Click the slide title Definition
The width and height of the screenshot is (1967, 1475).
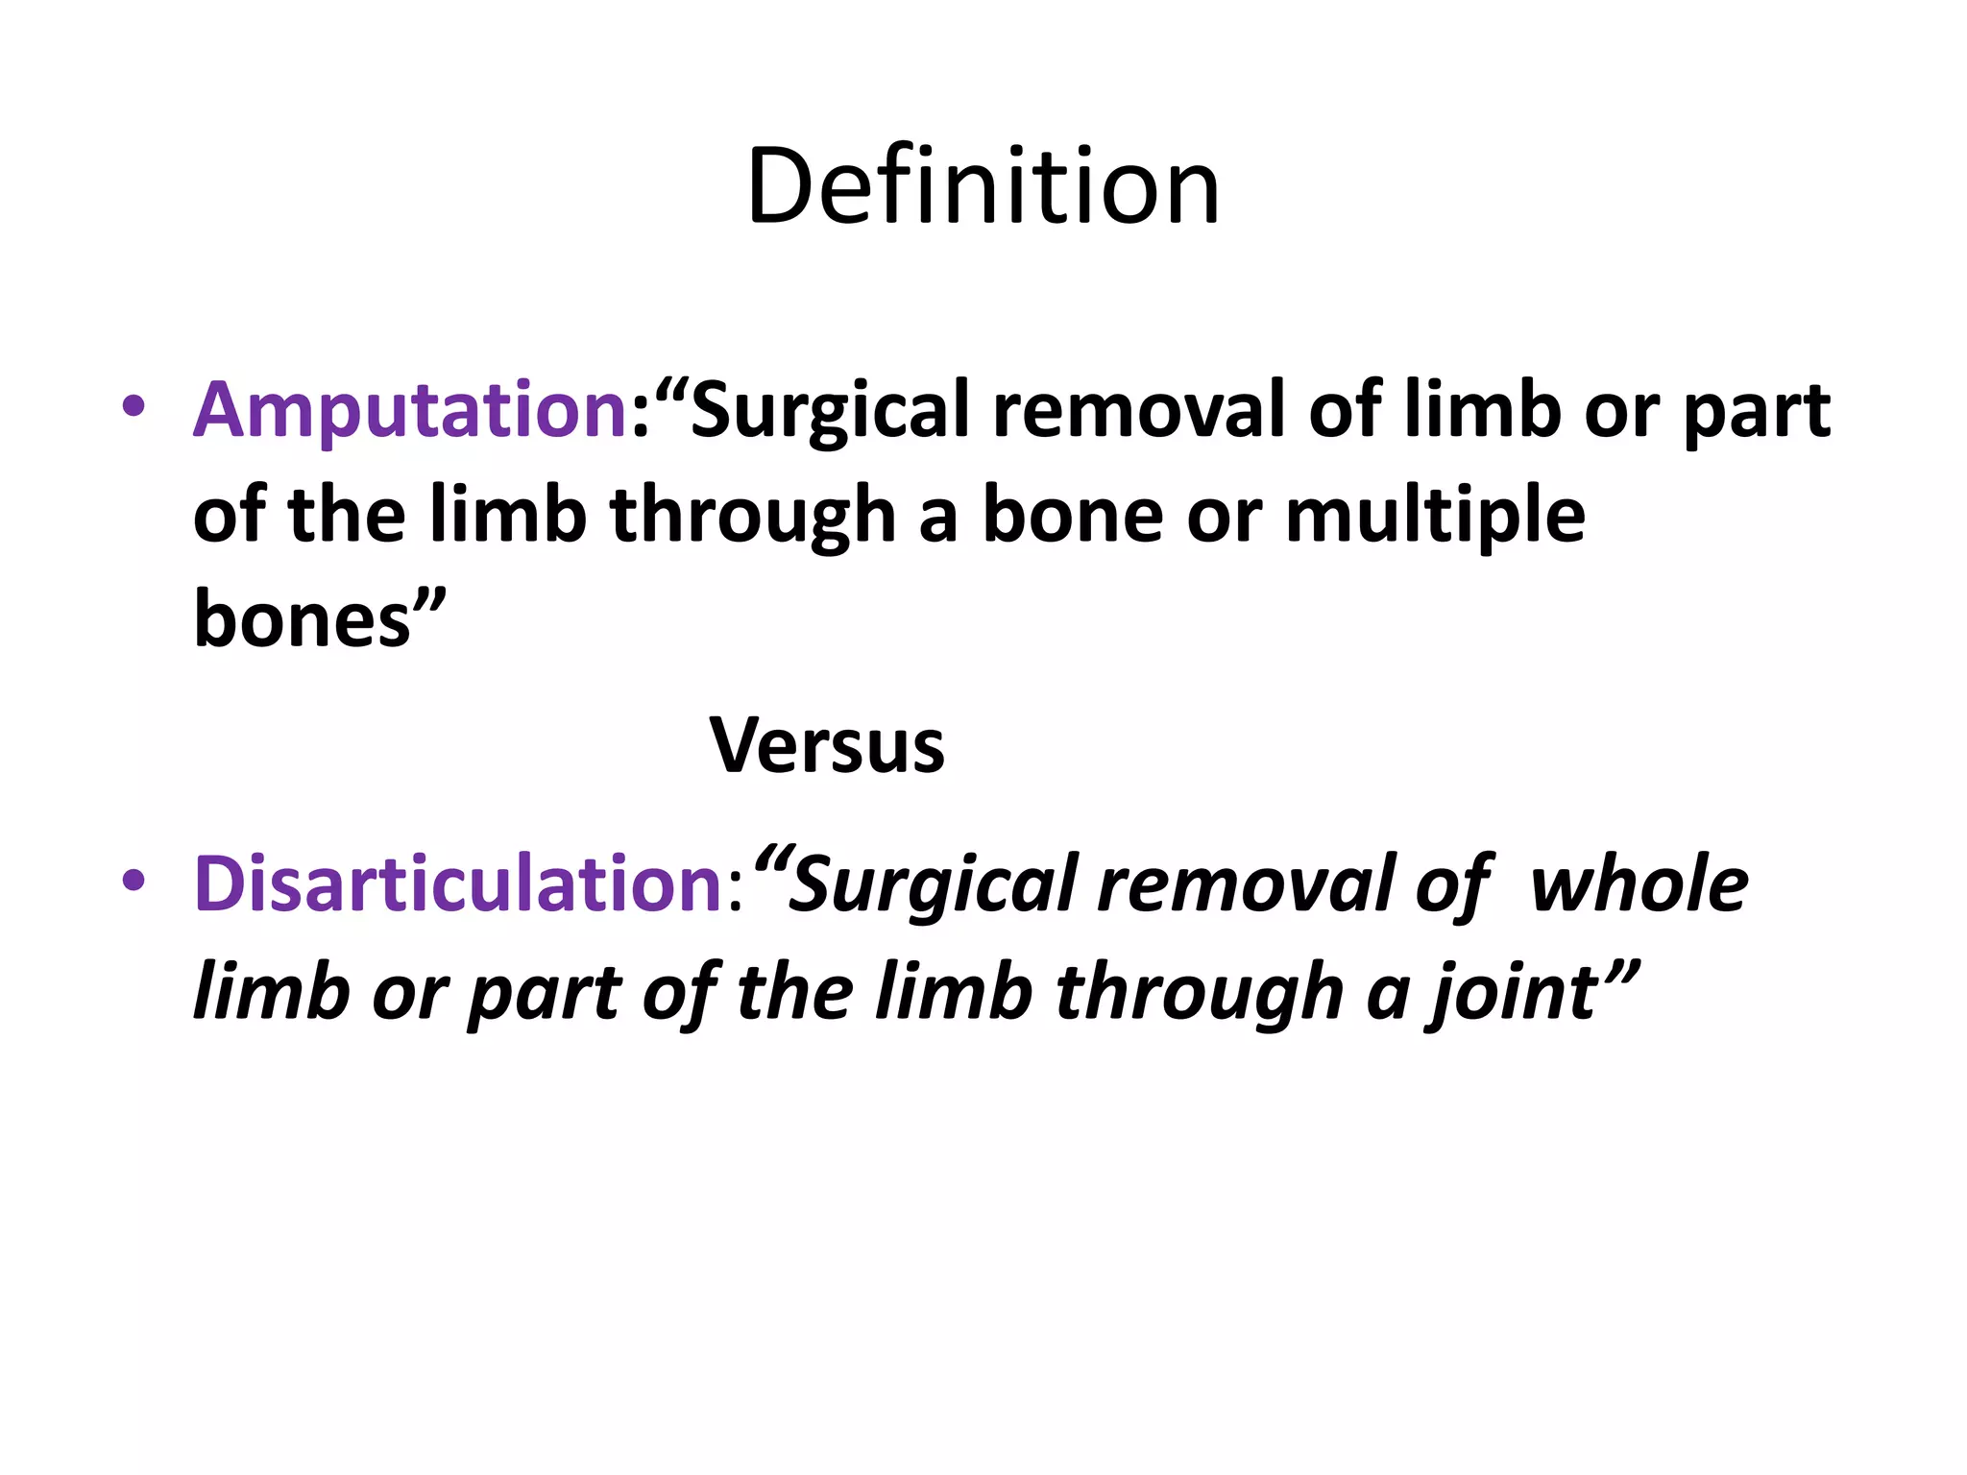[x=983, y=186]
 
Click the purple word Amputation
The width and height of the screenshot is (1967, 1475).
[x=411, y=410]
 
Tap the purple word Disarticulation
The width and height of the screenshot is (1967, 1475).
[x=458, y=883]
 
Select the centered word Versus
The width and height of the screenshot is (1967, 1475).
[x=827, y=745]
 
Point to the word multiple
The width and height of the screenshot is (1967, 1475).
[x=1435, y=516]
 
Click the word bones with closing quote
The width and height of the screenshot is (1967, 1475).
[x=320, y=619]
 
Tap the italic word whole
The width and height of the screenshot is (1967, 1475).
[x=1639, y=883]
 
